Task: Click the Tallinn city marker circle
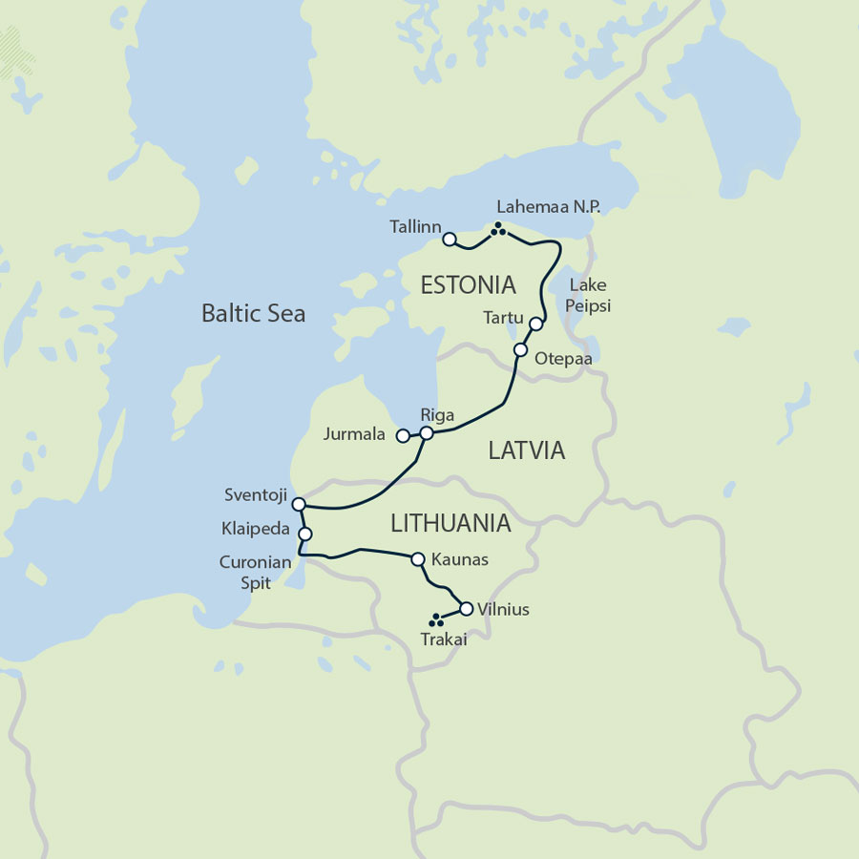click(450, 240)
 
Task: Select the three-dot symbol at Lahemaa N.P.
click(497, 228)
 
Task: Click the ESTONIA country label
click(469, 284)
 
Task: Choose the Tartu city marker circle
click(535, 325)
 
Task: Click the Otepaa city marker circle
click(520, 350)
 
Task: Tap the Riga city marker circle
click(427, 433)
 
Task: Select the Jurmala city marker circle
click(403, 436)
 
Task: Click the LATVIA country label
click(527, 450)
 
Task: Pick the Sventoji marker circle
click(298, 504)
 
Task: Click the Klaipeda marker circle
click(305, 534)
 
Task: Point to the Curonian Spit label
click(255, 573)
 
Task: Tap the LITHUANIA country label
click(450, 523)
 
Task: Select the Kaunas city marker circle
click(417, 559)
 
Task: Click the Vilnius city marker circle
click(466, 609)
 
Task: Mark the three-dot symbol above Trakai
click(437, 620)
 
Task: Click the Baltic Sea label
click(253, 313)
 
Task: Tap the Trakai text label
click(444, 640)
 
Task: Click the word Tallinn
click(414, 227)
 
